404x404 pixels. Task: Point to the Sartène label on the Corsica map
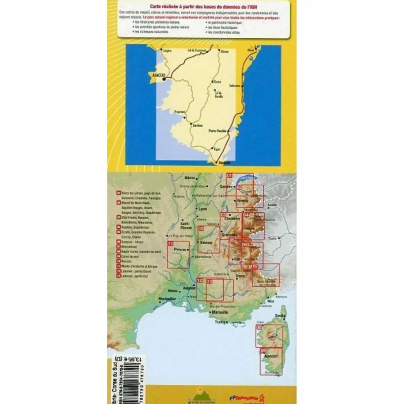coord(198,126)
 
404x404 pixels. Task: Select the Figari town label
coord(216,148)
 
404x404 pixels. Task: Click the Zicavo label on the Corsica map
coord(218,82)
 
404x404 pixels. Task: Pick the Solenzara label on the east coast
coord(235,85)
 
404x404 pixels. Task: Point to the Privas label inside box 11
coord(180,249)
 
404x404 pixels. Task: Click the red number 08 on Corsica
coord(259,327)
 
